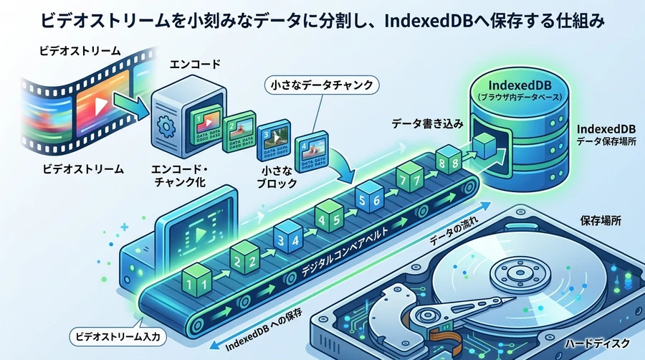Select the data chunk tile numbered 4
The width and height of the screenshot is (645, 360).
[312, 150]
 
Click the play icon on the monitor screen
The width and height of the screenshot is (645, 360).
[194, 230]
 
